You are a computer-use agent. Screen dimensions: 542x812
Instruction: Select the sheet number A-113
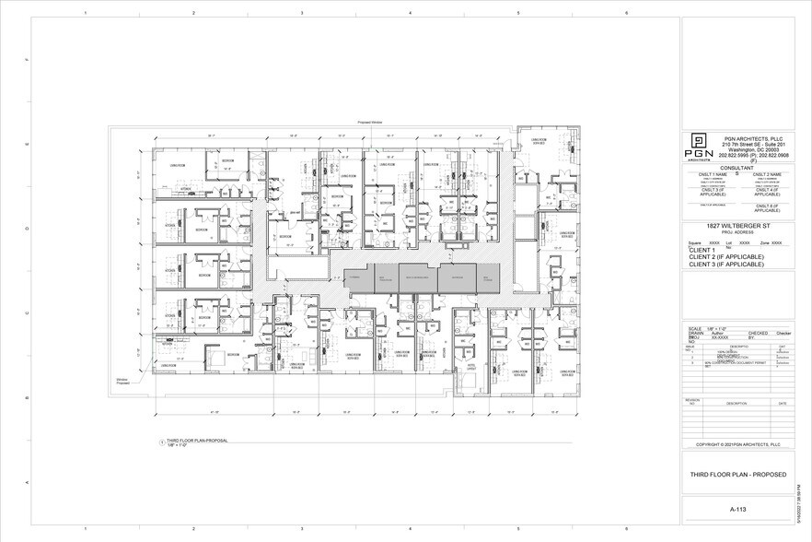click(x=737, y=508)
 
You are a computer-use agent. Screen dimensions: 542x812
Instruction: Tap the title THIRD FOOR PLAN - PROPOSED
click(x=737, y=474)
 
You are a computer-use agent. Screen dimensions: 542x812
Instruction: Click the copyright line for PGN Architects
click(x=737, y=444)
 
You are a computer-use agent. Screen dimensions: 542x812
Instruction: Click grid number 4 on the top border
click(x=410, y=13)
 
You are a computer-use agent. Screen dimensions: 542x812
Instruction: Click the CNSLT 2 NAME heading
click(x=766, y=174)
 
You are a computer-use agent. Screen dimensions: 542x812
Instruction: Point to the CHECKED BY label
click(x=758, y=336)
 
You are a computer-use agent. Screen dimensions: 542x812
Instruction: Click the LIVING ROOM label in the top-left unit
click(x=178, y=165)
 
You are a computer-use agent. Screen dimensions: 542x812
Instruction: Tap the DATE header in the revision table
click(x=782, y=403)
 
